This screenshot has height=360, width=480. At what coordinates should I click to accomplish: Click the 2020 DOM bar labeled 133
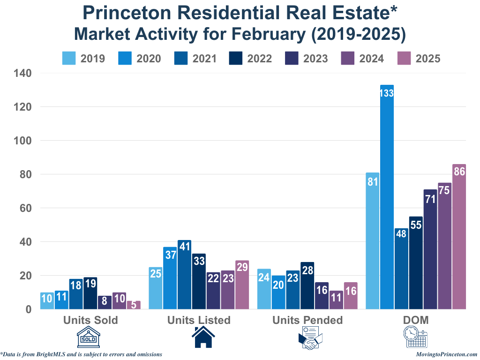[387, 197]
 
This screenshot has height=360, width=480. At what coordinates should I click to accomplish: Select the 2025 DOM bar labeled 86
[459, 237]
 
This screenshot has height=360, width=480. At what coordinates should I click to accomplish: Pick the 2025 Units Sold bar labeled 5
[134, 305]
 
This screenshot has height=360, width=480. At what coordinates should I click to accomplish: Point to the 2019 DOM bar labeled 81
[373, 241]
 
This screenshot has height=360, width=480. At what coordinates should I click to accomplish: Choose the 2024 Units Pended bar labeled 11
[336, 300]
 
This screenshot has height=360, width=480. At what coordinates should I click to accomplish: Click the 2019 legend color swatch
[69, 58]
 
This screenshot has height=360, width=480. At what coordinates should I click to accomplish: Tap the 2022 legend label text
[259, 59]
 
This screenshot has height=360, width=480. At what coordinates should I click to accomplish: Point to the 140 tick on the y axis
[23, 73]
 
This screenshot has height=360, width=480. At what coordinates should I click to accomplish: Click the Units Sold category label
[90, 320]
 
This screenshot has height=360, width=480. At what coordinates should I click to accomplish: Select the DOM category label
[416, 320]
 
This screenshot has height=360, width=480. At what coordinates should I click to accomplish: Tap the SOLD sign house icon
[90, 338]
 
